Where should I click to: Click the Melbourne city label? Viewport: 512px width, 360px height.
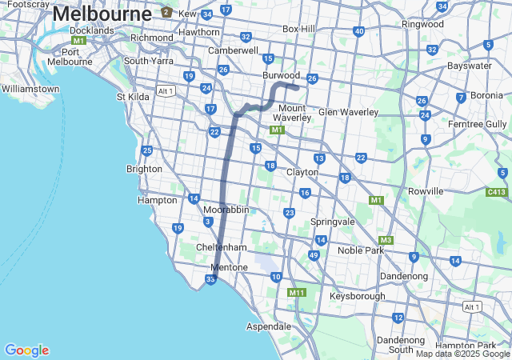coord(102,14)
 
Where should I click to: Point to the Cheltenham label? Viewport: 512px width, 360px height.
coord(221,248)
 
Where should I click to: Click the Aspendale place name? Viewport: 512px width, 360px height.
coord(268,326)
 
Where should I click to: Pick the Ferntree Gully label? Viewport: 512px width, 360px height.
coord(478,124)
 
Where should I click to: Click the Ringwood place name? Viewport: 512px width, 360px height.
coord(422,24)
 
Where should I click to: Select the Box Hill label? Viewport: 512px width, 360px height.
coord(302,29)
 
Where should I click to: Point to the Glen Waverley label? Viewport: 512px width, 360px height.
coord(348,112)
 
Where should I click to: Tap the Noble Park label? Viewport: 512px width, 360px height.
coord(361,250)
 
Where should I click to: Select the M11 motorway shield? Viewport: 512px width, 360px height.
coord(297,293)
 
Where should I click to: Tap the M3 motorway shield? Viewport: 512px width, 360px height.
coord(386,240)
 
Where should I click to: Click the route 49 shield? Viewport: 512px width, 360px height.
coord(314,255)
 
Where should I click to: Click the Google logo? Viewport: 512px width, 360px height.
coord(26,350)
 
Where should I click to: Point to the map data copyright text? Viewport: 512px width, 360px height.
coord(462,354)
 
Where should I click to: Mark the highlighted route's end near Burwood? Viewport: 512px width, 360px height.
coord(298,87)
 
